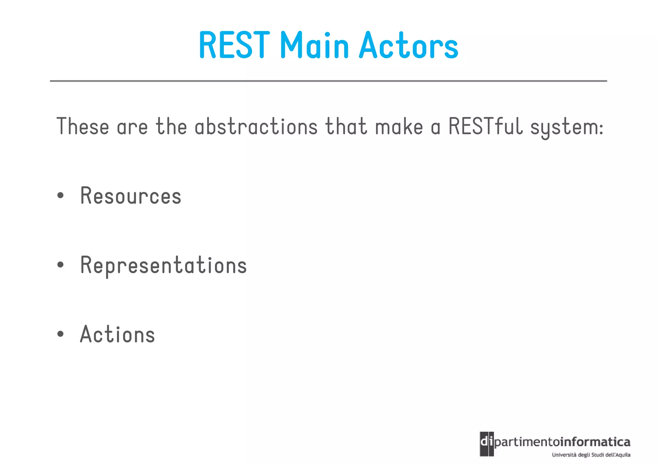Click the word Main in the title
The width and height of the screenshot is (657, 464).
314,46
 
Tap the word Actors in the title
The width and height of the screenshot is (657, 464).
408,46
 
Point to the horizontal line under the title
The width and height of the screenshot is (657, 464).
328,81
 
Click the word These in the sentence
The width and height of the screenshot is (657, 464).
83,127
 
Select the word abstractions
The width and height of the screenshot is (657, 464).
256,127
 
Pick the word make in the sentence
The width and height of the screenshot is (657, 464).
399,127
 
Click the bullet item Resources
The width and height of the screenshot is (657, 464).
131,196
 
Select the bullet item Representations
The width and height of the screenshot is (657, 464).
163,266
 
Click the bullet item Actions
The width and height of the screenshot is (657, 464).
117,334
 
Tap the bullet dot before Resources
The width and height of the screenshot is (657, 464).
60,196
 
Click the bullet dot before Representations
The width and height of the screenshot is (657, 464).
60,265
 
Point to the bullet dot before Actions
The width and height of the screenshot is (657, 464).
60,334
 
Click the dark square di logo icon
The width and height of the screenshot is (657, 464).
486,444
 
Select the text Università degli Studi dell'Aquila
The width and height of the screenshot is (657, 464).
591,455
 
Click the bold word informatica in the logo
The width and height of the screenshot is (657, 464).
595,442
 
